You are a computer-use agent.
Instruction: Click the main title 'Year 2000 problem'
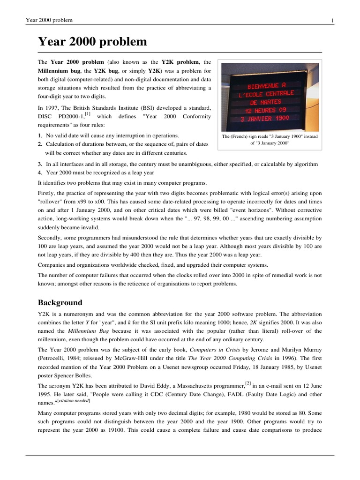pyautogui.click(x=92, y=43)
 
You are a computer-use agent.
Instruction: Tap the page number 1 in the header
pyautogui.click(x=332, y=20)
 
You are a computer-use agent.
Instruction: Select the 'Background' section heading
pyautogui.click(x=60, y=302)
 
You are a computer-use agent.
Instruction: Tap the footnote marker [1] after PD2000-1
pyautogui.click(x=88, y=114)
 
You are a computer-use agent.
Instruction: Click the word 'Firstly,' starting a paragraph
pyautogui.click(x=48, y=193)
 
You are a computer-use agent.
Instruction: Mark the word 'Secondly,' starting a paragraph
pyautogui.click(x=52, y=238)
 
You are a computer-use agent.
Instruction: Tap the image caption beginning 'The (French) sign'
pyautogui.click(x=270, y=140)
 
